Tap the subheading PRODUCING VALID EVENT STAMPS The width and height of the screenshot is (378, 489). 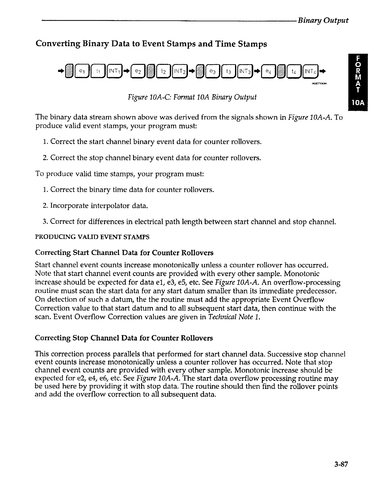93,237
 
